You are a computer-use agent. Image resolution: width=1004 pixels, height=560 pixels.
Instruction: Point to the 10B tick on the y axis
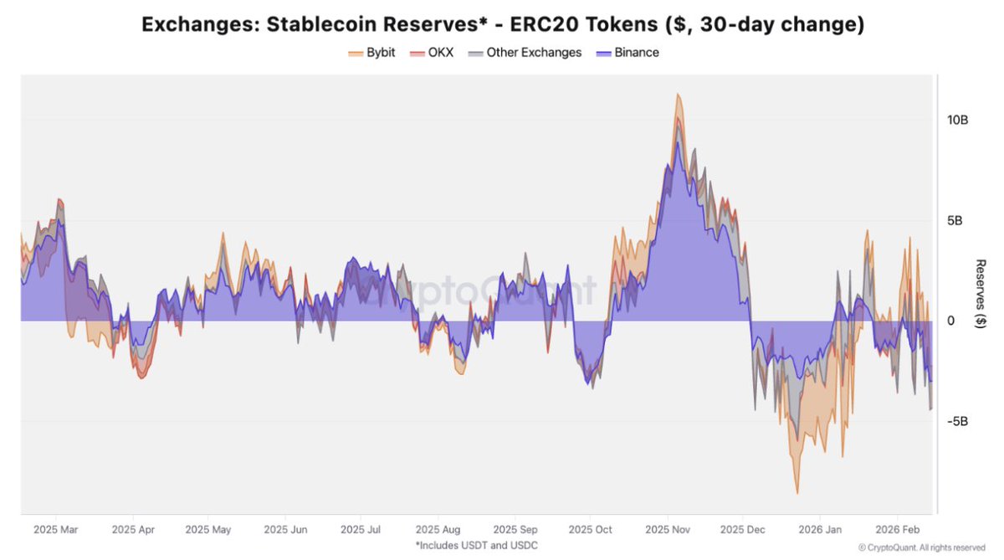click(x=957, y=121)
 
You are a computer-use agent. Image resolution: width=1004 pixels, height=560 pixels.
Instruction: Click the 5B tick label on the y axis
click(x=957, y=221)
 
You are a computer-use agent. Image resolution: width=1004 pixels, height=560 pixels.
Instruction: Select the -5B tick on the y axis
click(x=957, y=421)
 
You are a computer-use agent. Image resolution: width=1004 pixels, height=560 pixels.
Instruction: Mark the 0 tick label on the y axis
click(x=950, y=321)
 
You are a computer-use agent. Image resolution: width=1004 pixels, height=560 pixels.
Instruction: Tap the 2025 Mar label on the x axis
click(x=55, y=530)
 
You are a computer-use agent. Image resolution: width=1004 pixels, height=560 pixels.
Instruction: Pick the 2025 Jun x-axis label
click(x=285, y=530)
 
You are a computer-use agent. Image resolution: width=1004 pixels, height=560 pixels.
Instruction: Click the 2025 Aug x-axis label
click(x=438, y=530)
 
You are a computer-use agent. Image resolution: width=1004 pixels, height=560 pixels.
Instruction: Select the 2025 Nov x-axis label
click(x=668, y=530)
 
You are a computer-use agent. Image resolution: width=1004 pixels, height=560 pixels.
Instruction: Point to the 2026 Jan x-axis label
click(x=821, y=530)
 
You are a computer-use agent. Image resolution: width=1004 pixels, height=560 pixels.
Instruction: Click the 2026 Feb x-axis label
click(x=898, y=530)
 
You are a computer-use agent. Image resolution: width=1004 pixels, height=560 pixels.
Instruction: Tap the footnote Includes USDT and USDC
click(x=476, y=546)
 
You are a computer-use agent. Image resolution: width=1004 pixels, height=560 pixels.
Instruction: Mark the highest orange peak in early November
click(x=679, y=95)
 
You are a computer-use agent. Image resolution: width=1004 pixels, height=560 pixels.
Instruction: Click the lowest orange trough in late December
click(x=797, y=493)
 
